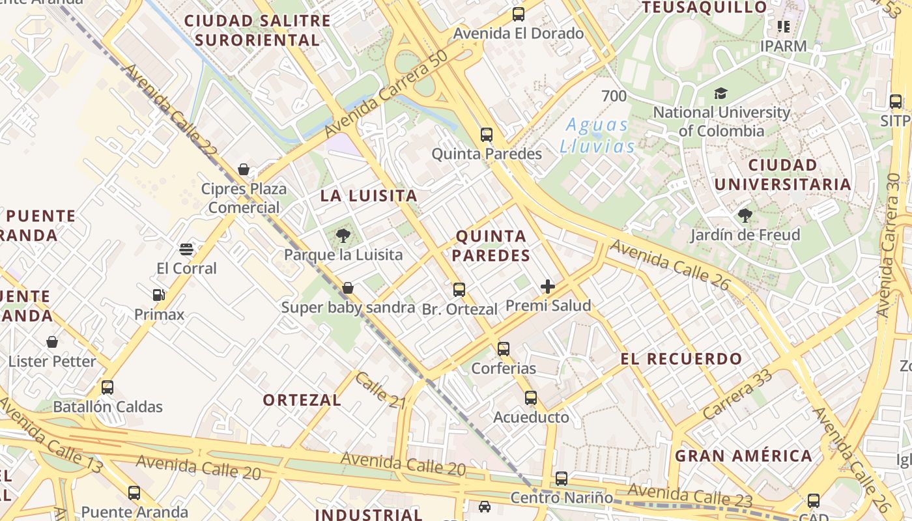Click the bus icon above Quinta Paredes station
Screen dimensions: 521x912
pyautogui.click(x=487, y=135)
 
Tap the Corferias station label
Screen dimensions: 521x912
pyautogui.click(x=504, y=368)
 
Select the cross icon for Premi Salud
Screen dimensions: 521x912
pyautogui.click(x=548, y=287)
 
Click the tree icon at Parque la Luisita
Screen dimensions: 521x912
pyautogui.click(x=343, y=236)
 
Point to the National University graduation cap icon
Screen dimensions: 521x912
pyautogui.click(x=720, y=94)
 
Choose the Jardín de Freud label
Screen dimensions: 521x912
pyautogui.click(x=745, y=234)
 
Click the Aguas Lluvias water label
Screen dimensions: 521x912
pyautogui.click(x=597, y=135)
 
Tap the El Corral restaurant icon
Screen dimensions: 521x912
pyautogui.click(x=186, y=249)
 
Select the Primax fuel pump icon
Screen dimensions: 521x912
pyautogui.click(x=158, y=296)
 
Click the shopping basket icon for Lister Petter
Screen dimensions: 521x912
pyautogui.click(x=52, y=342)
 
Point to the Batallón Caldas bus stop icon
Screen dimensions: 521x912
pyautogui.click(x=107, y=387)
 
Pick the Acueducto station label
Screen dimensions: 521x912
pyautogui.click(x=531, y=417)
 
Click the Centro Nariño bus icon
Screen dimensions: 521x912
pyautogui.click(x=562, y=479)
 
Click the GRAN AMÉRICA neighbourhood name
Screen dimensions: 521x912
pyautogui.click(x=743, y=456)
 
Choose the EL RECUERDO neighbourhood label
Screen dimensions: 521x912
pyautogui.click(x=681, y=359)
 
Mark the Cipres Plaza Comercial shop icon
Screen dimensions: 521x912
pyautogui.click(x=244, y=169)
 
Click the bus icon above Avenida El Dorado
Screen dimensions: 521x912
pyautogui.click(x=519, y=14)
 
